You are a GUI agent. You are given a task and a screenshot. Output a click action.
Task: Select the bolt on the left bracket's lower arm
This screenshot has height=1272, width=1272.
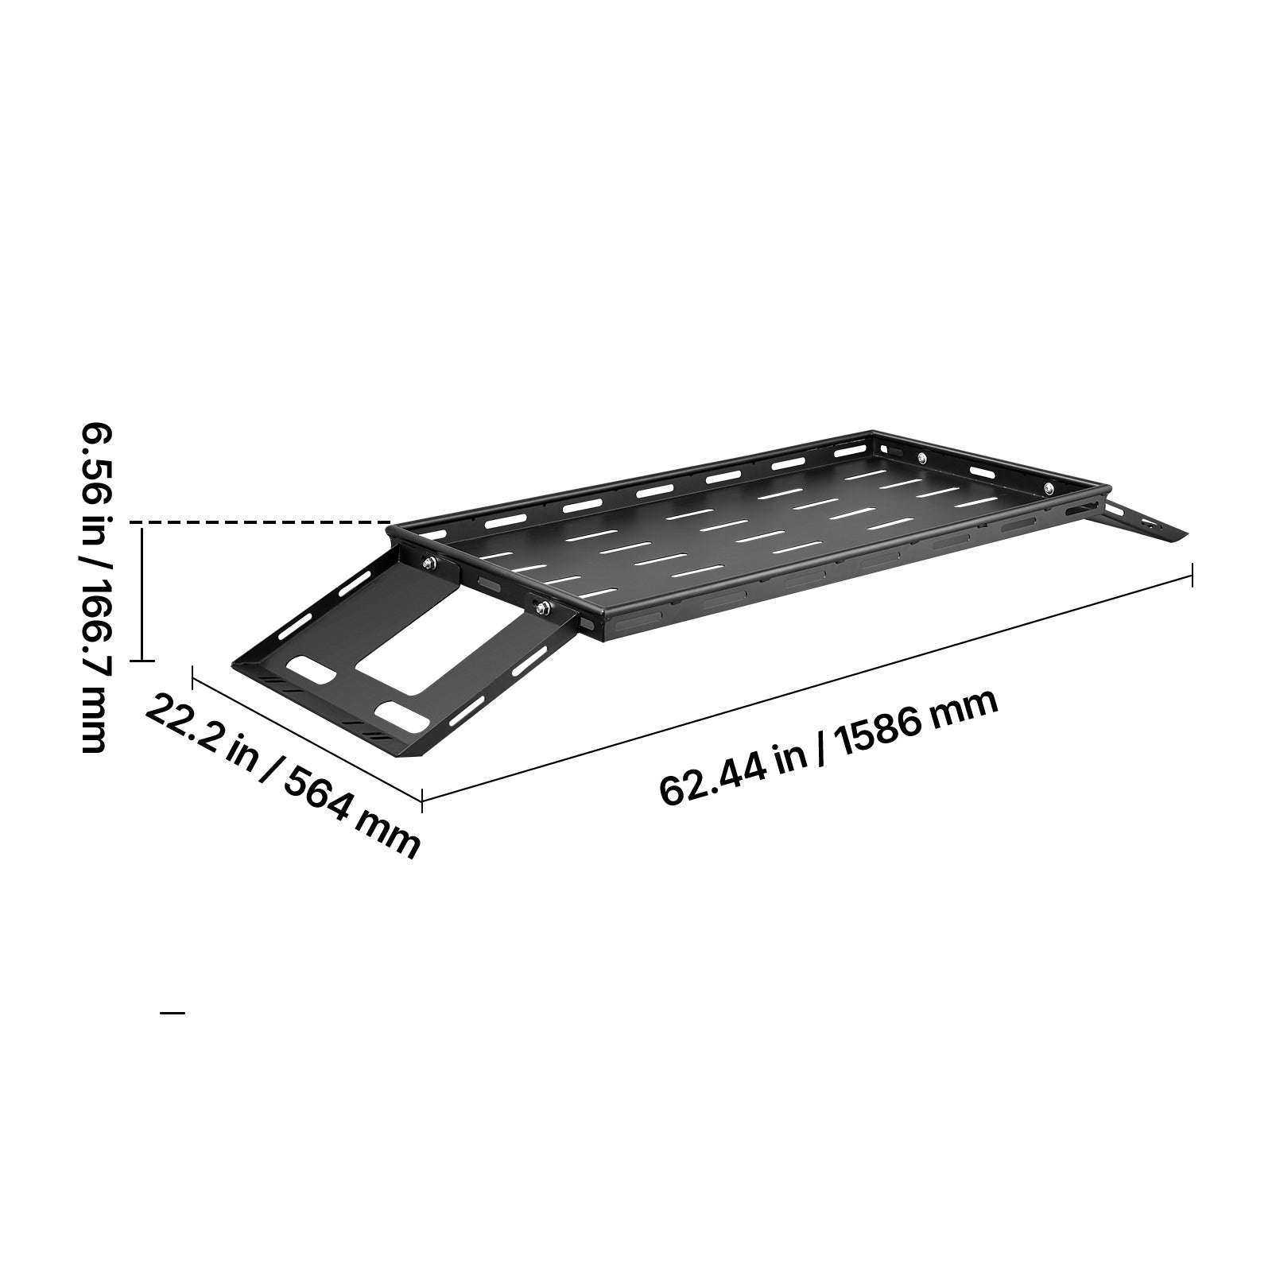(543, 608)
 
